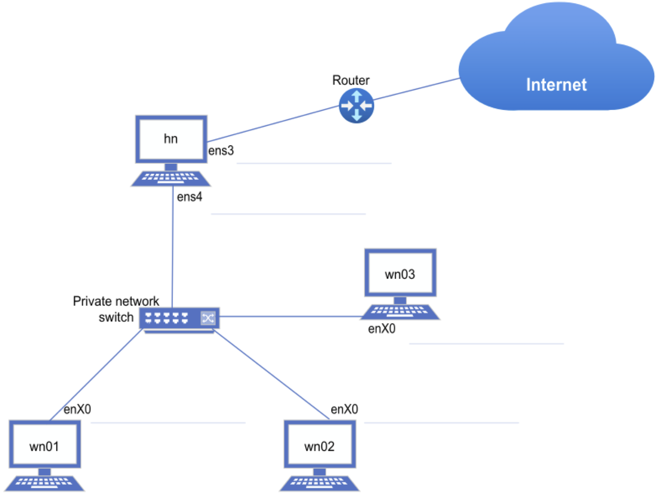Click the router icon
[356, 106]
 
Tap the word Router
[351, 81]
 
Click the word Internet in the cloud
[556, 85]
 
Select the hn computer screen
[171, 139]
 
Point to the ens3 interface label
[221, 151]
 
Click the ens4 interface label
[189, 197]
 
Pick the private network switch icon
[179, 318]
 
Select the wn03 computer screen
[400, 272]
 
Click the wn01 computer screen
[44, 444]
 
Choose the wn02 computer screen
[320, 444]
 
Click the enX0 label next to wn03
[381, 329]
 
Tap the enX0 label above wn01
[77, 410]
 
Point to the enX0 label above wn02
[344, 410]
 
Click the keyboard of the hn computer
[171, 178]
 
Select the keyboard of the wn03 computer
[400, 312]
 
